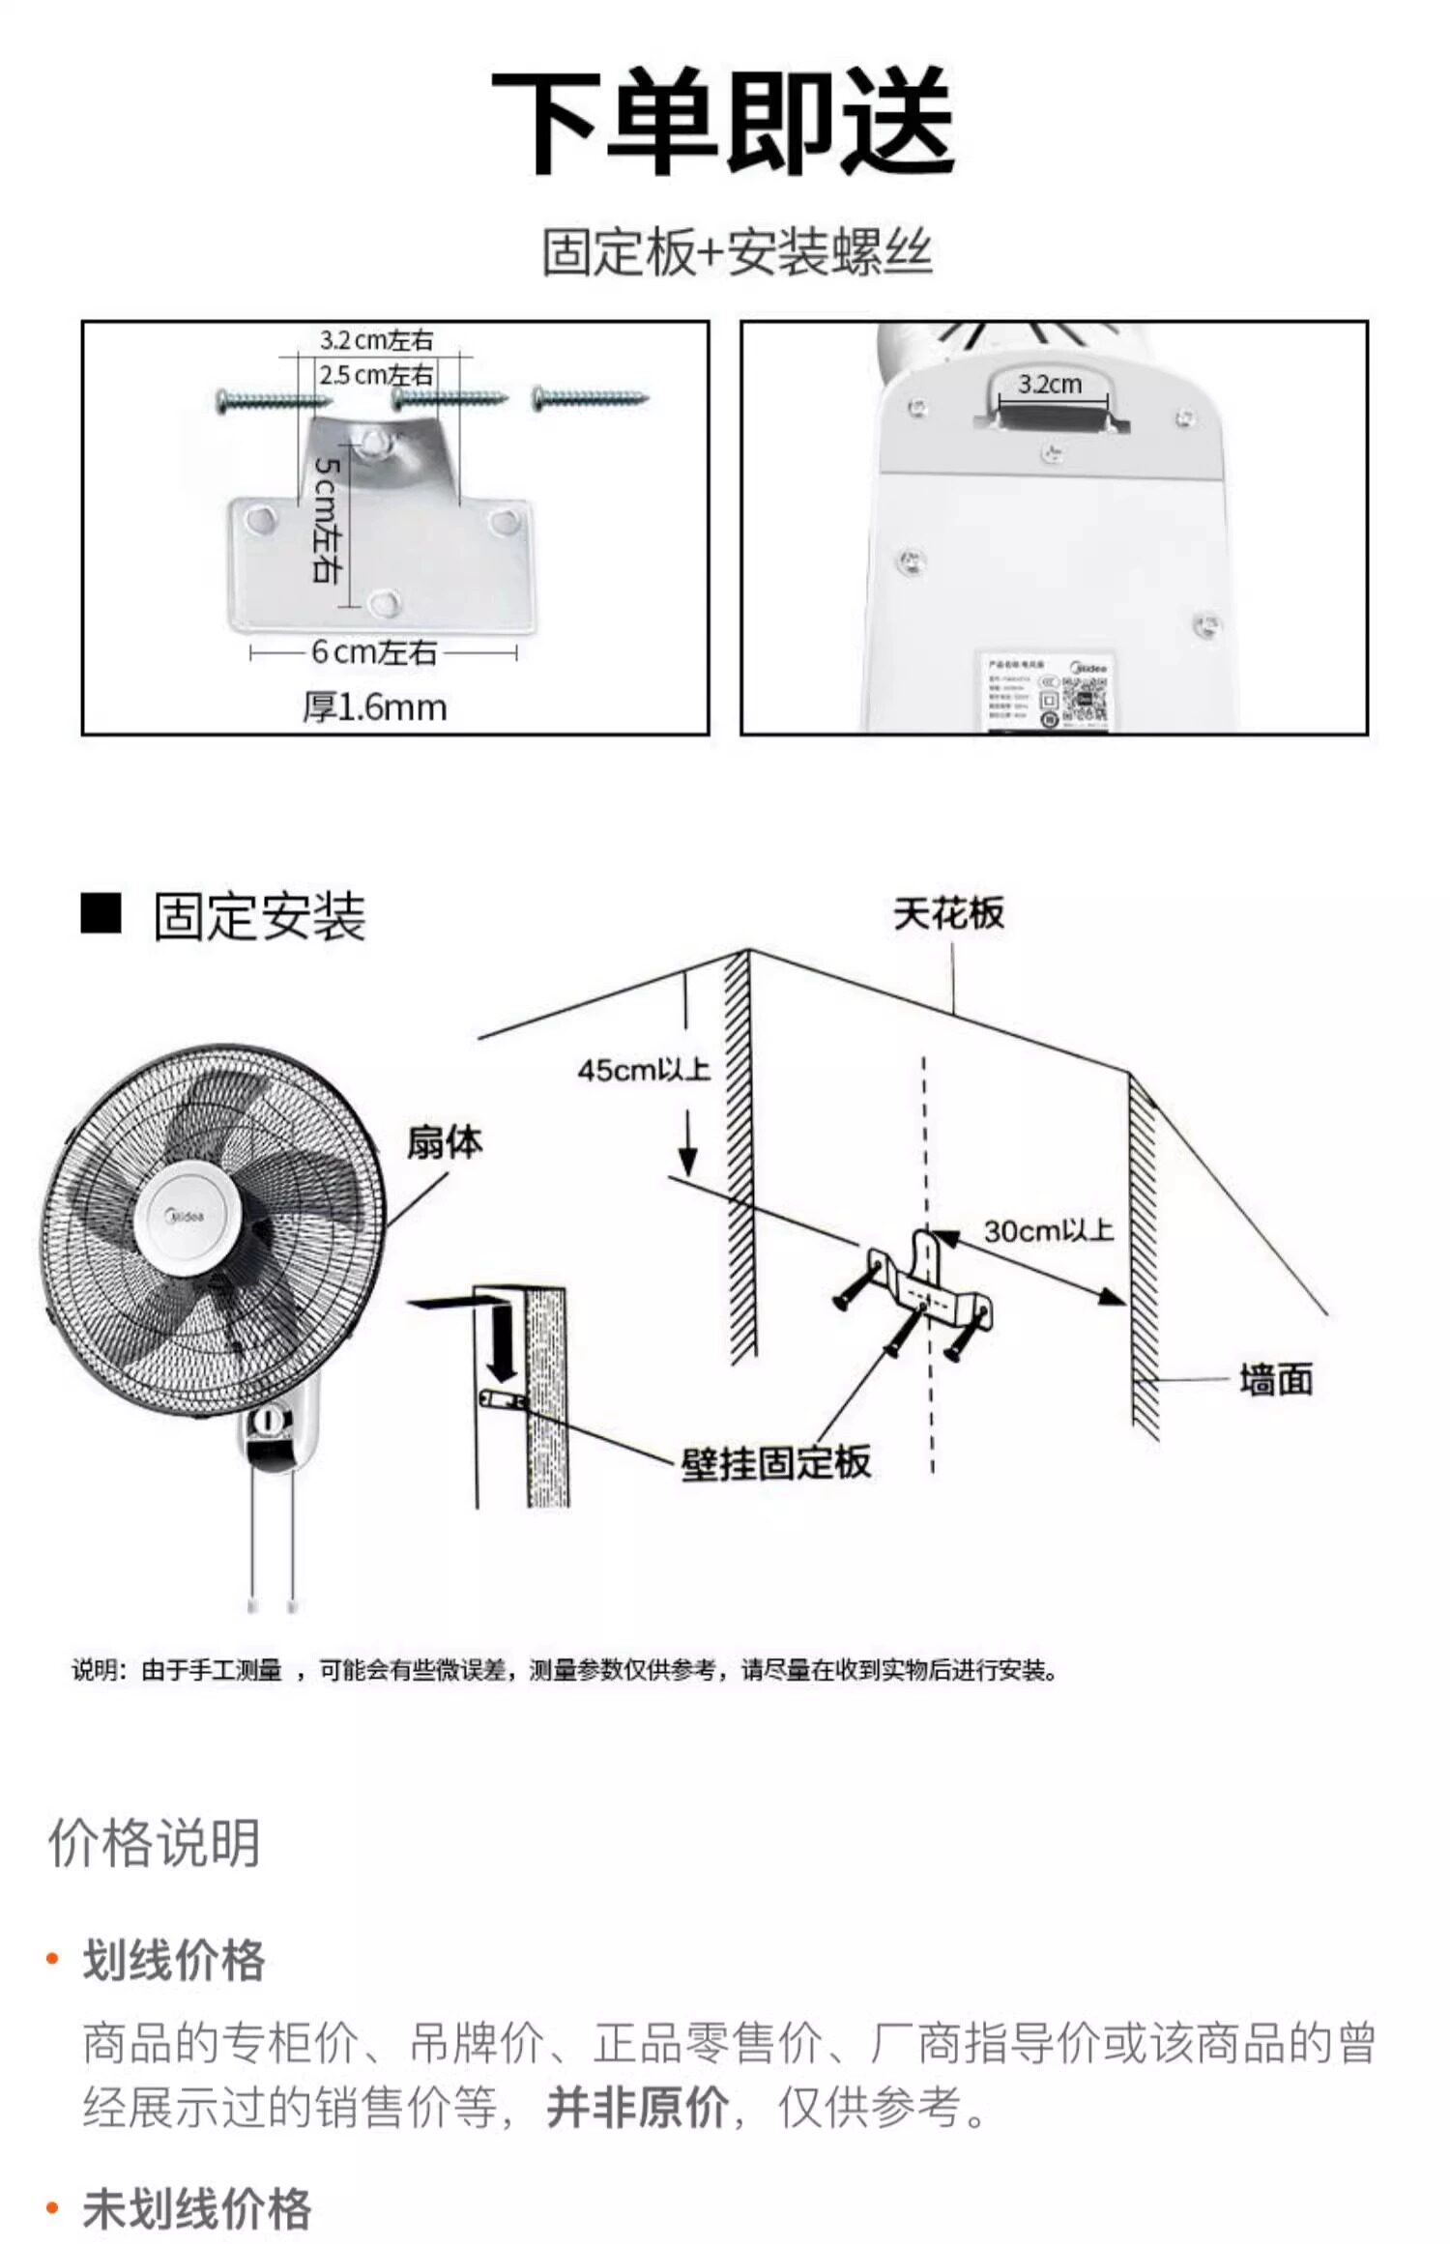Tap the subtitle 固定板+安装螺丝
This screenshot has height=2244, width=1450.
click(x=737, y=253)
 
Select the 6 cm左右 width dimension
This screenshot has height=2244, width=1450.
click(x=374, y=653)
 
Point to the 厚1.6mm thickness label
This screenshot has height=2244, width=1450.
click(x=375, y=707)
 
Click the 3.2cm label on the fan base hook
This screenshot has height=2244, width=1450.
click(x=1050, y=385)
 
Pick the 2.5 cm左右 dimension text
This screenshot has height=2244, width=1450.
click(x=376, y=375)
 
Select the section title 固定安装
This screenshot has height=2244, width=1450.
click(x=259, y=916)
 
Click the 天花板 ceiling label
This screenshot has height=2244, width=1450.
click(x=948, y=913)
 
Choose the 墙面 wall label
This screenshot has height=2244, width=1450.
click(x=1276, y=1380)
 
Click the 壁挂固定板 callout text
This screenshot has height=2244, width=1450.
click(x=775, y=1462)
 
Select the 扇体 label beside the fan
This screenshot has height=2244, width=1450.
click(x=444, y=1142)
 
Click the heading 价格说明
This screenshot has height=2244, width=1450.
click(x=155, y=1843)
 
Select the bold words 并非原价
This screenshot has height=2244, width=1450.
click(x=637, y=2107)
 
